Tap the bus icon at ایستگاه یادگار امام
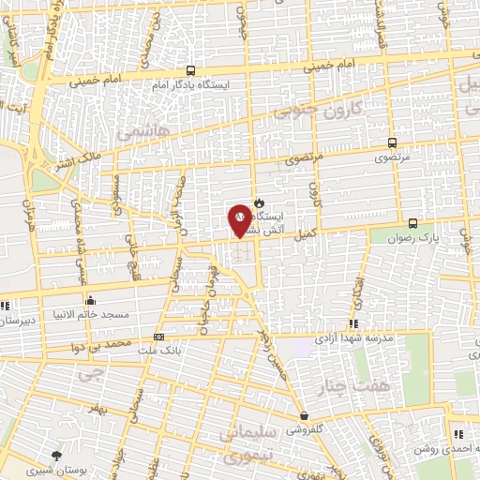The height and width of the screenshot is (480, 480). pos(191,70)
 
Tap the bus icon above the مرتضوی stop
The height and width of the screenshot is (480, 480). pos(392,143)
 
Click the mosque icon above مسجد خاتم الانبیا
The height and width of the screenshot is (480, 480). pos(90,301)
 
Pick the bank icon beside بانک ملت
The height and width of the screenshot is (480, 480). pos(158,337)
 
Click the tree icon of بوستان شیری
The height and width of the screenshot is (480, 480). pos(59,455)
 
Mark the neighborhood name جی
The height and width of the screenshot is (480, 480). pos(87,374)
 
